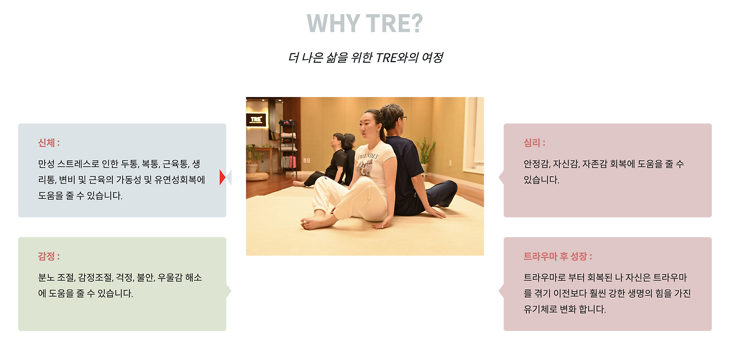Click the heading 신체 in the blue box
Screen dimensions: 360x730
[47, 143]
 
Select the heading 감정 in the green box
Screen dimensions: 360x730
[47, 256]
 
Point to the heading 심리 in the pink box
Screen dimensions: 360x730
[533, 143]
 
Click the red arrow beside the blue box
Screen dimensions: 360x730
[222, 177]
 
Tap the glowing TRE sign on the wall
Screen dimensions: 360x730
[256, 120]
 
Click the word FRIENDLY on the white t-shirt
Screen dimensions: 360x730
[368, 155]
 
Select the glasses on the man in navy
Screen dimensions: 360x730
[403, 118]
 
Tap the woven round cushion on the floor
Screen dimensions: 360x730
[257, 176]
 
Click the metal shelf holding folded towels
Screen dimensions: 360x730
[288, 148]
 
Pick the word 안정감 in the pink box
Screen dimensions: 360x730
[537, 164]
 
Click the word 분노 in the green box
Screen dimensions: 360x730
[47, 278]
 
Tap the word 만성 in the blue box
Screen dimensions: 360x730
[47, 164]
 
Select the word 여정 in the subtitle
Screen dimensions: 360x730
[432, 58]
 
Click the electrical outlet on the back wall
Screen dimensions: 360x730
[307, 160]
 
